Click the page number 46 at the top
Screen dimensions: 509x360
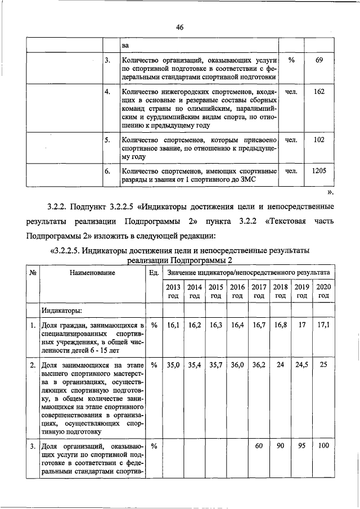click(x=180, y=27)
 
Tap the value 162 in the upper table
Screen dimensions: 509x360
click(x=319, y=91)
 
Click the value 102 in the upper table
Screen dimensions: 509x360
click(x=319, y=139)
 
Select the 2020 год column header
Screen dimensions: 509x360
click(x=323, y=291)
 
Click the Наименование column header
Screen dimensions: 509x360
click(x=93, y=273)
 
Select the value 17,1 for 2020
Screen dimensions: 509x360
click(x=323, y=326)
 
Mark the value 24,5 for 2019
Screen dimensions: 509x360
click(x=302, y=365)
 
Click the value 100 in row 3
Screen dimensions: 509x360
click(x=323, y=447)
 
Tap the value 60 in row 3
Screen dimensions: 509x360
click(x=259, y=447)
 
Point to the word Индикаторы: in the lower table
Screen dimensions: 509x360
click(x=62, y=310)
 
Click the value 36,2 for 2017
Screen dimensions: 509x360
click(x=259, y=365)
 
